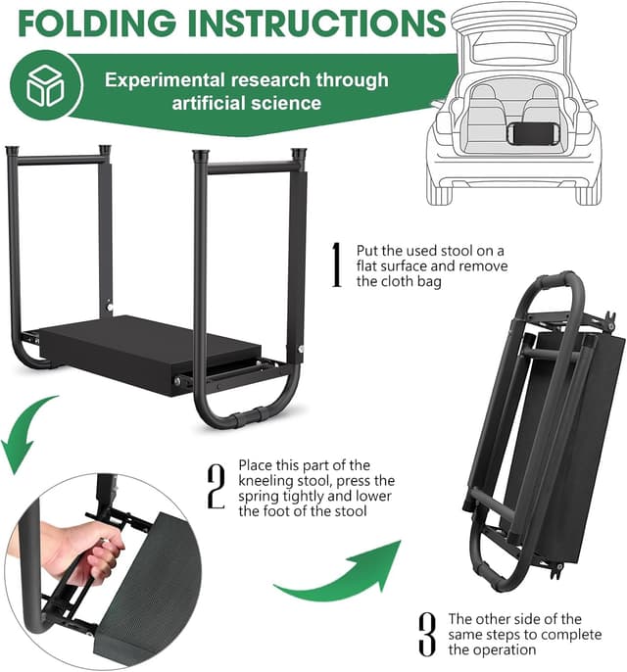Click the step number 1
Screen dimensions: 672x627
[336, 264]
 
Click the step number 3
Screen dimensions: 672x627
[426, 634]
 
